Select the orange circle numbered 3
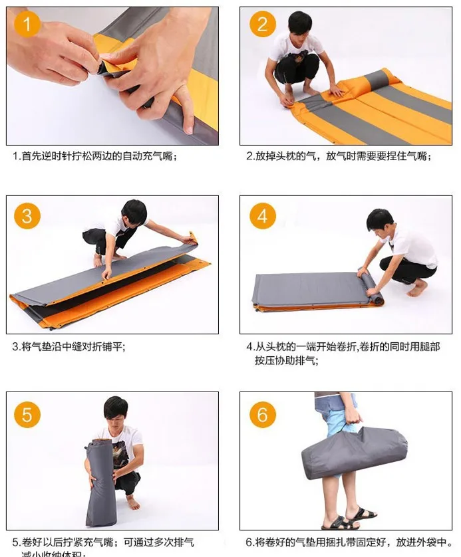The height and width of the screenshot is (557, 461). click(27, 216)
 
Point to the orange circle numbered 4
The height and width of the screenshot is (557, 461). click(262, 216)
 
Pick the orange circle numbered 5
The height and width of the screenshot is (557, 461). click(27, 415)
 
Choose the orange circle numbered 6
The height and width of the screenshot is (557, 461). click(262, 415)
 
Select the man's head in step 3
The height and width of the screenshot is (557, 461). click(134, 211)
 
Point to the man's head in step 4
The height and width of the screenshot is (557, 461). click(380, 220)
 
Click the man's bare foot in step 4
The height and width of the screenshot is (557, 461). click(417, 289)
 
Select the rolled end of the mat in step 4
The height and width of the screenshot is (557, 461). click(375, 292)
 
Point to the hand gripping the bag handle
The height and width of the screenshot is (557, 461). click(352, 415)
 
